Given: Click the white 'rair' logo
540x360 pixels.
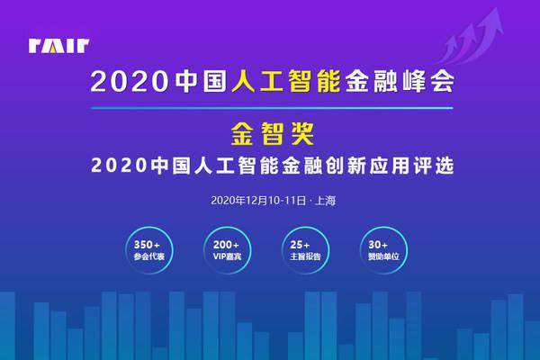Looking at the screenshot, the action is tap(58, 46).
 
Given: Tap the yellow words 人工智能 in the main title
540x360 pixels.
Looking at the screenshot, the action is tap(286, 82).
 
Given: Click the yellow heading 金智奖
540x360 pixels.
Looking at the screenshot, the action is tap(272, 134).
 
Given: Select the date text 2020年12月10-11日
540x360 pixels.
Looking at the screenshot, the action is tap(258, 201).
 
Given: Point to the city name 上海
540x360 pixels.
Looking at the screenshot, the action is tap(325, 201).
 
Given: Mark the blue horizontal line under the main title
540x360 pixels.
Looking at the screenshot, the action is tap(272, 108).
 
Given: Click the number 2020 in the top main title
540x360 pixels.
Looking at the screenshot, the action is tap(130, 82).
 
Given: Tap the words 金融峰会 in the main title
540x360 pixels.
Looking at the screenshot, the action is tap(400, 82).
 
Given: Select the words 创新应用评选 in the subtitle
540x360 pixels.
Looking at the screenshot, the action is tap(389, 166).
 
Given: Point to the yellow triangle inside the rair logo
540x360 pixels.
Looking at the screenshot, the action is tap(52, 49).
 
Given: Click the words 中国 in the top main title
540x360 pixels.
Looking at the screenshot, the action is tap(201, 82).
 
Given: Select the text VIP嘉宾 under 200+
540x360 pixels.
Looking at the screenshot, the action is tap(228, 256).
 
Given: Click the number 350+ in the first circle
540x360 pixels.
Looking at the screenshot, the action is tap(147, 245).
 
